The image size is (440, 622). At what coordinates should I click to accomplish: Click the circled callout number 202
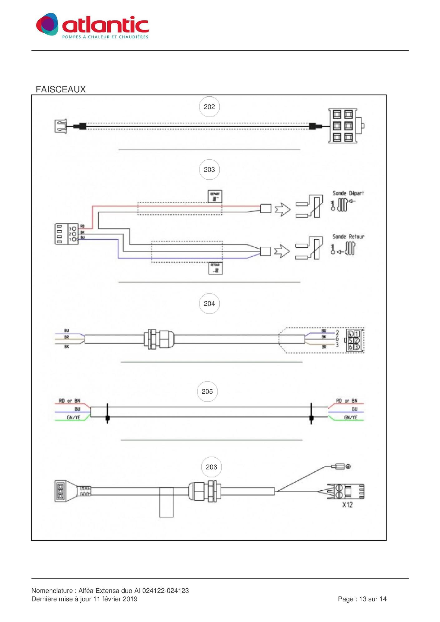[x=209, y=107]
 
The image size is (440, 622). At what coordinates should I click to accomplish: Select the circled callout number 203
[x=209, y=170]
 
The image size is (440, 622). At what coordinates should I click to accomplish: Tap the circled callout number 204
[x=209, y=304]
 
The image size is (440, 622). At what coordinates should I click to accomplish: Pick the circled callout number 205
[x=207, y=392]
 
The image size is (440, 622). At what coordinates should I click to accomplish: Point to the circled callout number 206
[x=211, y=467]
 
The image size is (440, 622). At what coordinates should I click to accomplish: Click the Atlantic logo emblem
[x=47, y=24]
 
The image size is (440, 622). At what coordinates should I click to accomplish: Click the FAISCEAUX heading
[x=61, y=90]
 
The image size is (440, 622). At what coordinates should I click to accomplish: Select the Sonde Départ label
[x=348, y=193]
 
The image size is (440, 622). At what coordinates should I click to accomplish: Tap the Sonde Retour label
[x=348, y=237]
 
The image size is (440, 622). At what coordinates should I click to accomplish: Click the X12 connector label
[x=347, y=505]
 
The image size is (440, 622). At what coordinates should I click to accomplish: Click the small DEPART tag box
[x=215, y=197]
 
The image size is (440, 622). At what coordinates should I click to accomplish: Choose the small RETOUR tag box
[x=215, y=268]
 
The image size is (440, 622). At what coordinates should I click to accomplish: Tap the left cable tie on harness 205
[x=108, y=414]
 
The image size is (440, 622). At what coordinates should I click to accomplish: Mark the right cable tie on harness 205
[x=311, y=414]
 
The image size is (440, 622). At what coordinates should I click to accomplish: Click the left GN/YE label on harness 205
[x=74, y=418]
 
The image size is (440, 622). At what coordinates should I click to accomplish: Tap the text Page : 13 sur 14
[x=362, y=599]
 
